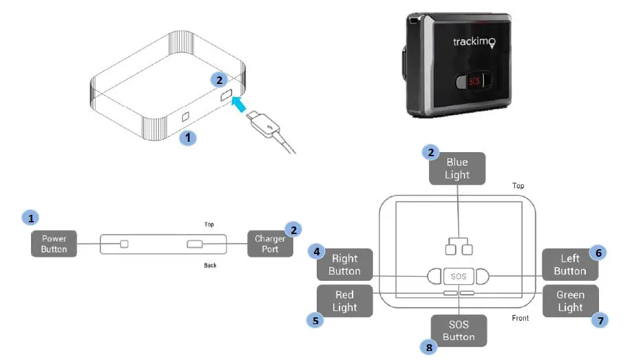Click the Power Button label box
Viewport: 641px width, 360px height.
(x=54, y=244)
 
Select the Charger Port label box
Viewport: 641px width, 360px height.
(x=270, y=243)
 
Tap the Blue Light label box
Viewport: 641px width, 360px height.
(x=457, y=169)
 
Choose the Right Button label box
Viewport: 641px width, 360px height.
(x=344, y=265)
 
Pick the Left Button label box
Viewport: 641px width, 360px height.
(x=570, y=265)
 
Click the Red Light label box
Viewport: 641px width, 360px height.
(x=344, y=301)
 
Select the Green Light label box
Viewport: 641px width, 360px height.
(x=570, y=301)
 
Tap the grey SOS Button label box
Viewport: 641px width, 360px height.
(x=459, y=330)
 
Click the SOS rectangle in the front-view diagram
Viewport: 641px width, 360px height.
(x=459, y=276)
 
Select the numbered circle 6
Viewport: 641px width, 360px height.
(x=599, y=253)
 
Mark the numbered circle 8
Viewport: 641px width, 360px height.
(x=430, y=348)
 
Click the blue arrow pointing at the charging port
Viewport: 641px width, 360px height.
(x=240, y=105)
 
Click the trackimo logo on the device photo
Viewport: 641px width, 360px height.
(x=474, y=43)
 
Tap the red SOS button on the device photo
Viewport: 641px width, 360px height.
(x=475, y=82)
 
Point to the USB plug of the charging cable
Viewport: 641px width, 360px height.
(x=262, y=125)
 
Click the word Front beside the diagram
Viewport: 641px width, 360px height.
(x=521, y=318)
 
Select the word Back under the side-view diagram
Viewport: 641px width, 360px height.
(x=211, y=265)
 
